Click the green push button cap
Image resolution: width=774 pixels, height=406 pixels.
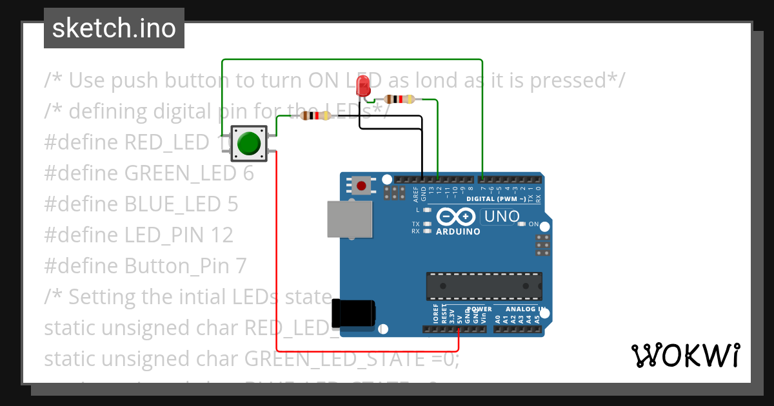click(248, 143)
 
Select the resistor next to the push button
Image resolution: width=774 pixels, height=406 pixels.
click(315, 115)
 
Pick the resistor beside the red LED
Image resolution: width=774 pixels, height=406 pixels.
click(399, 99)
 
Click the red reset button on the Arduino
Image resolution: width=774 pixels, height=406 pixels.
click(361, 186)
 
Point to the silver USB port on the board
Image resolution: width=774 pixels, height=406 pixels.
click(350, 219)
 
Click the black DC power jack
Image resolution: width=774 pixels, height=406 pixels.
click(353, 313)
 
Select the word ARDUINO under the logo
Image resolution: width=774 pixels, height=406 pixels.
click(458, 231)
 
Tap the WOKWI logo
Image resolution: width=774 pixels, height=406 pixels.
click(685, 355)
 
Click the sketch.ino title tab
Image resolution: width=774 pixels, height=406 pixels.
click(114, 28)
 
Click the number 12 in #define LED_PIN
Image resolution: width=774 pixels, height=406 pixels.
click(222, 235)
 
